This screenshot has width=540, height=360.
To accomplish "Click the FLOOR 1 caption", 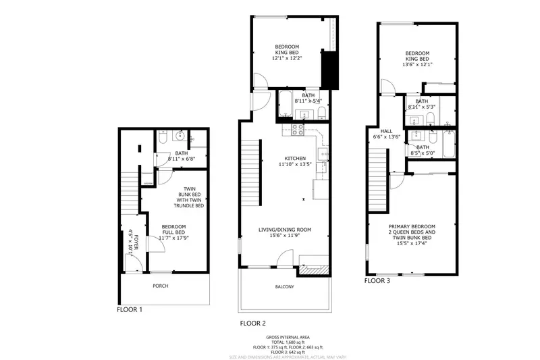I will pos(130,310).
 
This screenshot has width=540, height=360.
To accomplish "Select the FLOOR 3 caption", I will pos(378,280).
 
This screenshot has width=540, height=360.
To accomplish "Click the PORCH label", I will pos(160,286).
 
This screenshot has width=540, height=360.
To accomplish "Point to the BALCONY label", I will pos(284,286).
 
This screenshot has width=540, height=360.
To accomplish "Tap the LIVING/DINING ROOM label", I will pos(284,230).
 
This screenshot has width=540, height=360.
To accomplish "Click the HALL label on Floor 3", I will pos(386,131).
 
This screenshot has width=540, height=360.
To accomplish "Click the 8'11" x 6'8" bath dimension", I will pos(181,159).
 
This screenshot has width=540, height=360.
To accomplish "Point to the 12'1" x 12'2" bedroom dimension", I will pos(288,58).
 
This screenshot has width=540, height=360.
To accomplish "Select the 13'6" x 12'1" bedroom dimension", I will pos(418,65).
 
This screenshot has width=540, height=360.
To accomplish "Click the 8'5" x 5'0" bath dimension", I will pos(423,153).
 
